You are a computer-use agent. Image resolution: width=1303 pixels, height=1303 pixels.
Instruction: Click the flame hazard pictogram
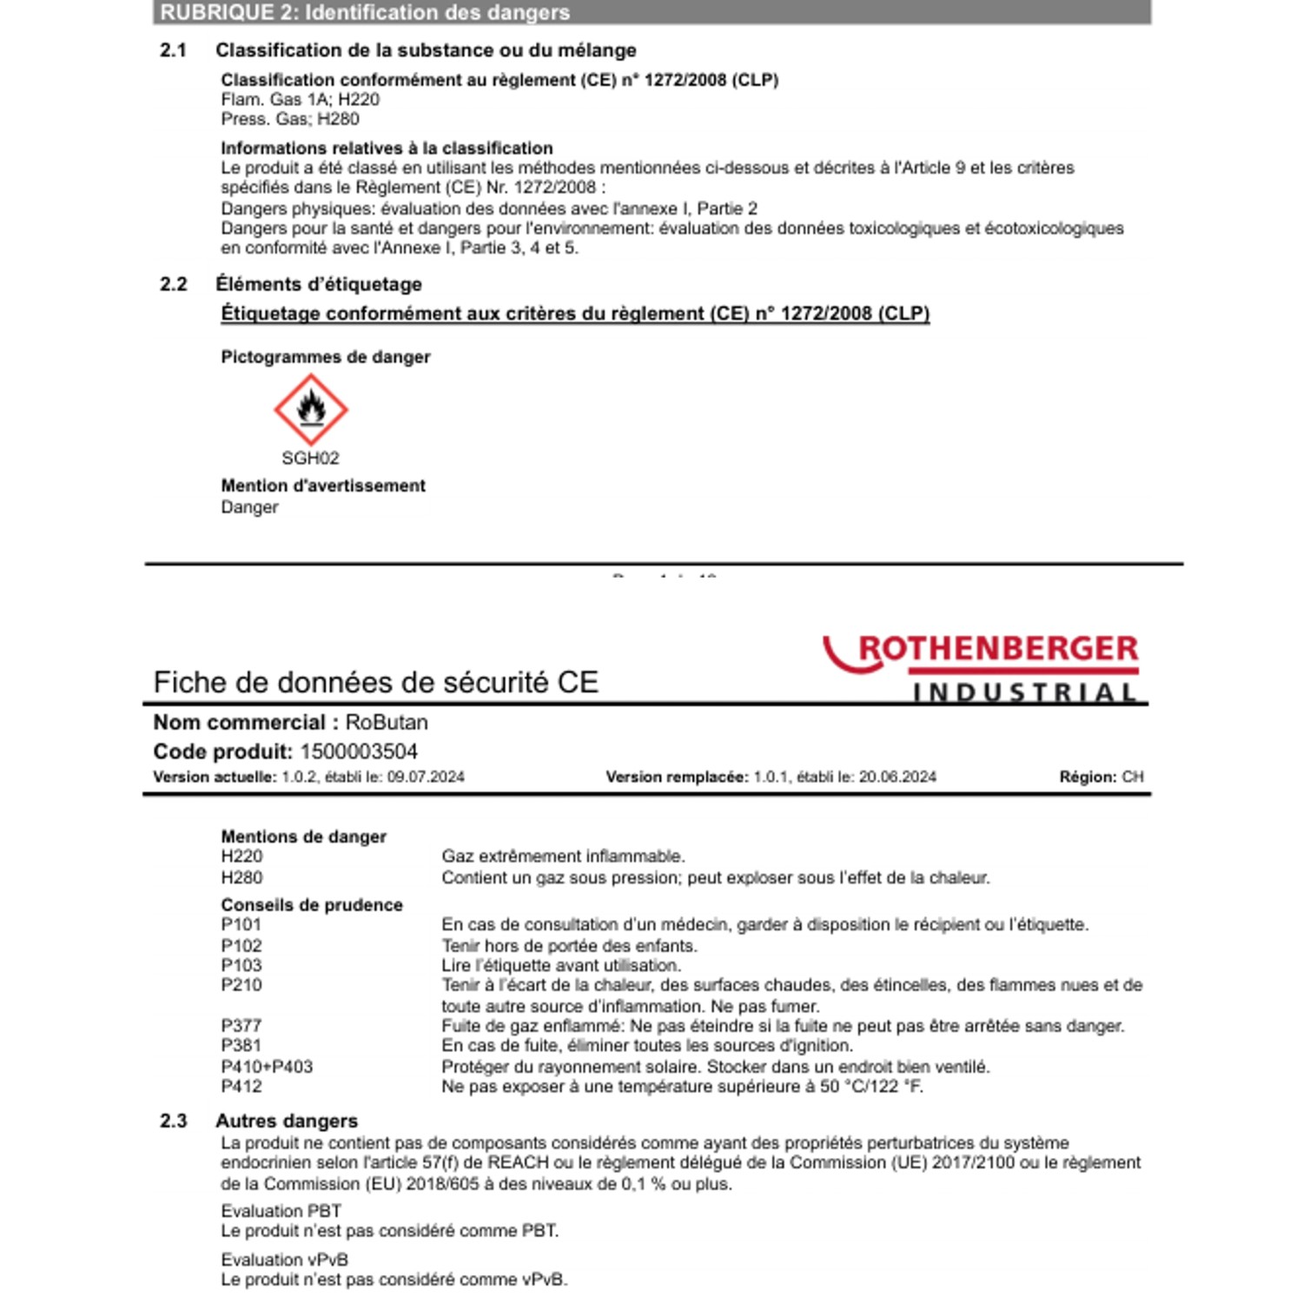311,409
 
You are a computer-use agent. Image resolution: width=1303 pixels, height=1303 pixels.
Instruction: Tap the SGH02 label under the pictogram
310,458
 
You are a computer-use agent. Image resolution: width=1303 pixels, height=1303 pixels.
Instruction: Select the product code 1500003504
359,751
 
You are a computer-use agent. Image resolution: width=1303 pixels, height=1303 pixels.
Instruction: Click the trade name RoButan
387,722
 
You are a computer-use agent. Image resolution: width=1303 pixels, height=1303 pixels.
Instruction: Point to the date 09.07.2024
426,777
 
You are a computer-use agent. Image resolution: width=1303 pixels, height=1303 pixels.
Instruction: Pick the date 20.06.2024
897,777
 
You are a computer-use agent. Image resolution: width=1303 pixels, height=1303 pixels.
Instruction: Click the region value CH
1133,777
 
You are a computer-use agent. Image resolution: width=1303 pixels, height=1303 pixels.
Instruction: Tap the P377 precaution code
241,1026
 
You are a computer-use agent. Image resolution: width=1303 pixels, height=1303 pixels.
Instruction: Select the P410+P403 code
267,1067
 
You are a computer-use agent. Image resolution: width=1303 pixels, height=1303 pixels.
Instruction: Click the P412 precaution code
241,1087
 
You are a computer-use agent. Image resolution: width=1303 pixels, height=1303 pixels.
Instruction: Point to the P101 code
241,925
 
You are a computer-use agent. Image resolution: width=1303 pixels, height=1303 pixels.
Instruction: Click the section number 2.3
174,1121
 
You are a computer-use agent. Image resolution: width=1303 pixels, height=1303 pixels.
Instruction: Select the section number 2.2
174,284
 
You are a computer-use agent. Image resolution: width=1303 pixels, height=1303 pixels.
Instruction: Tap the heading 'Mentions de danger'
303,837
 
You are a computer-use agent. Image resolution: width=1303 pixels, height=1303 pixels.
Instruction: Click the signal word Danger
249,507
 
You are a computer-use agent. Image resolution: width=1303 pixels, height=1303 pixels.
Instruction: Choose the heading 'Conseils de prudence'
312,905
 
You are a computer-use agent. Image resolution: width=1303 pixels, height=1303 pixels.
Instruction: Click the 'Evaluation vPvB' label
284,1260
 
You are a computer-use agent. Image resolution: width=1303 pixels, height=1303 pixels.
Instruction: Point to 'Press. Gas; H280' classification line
289,119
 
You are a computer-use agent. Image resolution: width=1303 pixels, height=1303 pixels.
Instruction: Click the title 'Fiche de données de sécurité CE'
375,682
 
